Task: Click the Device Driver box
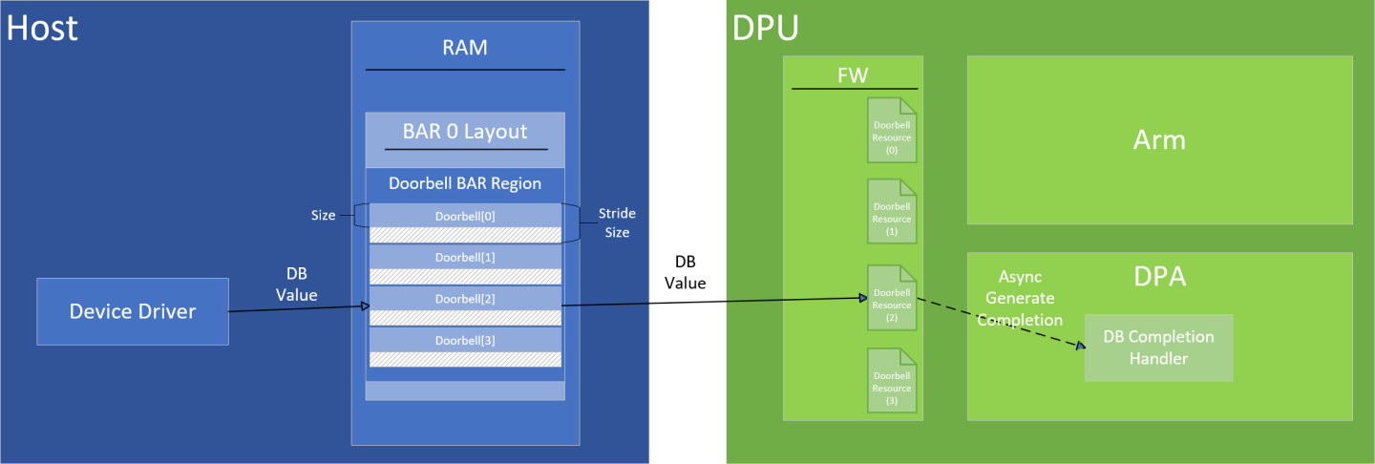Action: pyautogui.click(x=133, y=311)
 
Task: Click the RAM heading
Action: pyautogui.click(x=465, y=47)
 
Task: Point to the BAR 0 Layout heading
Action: pyautogui.click(x=465, y=131)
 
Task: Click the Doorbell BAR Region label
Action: pyautogui.click(x=465, y=183)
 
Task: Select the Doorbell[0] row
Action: pyautogui.click(x=465, y=216)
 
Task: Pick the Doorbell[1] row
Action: pyautogui.click(x=465, y=257)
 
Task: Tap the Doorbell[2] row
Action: pyautogui.click(x=465, y=298)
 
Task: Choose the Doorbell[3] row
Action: pyautogui.click(x=465, y=340)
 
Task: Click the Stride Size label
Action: pyautogui.click(x=616, y=222)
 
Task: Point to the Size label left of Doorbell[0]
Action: pyautogui.click(x=324, y=216)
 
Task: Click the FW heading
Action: pyautogui.click(x=853, y=75)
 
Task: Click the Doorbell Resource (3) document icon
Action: pyautogui.click(x=891, y=381)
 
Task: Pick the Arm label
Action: pyautogui.click(x=1159, y=140)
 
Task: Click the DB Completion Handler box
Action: pyautogui.click(x=1158, y=348)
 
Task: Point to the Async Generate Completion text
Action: pyautogui.click(x=1019, y=297)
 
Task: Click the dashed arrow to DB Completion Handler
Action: pyautogui.click(x=1003, y=323)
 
